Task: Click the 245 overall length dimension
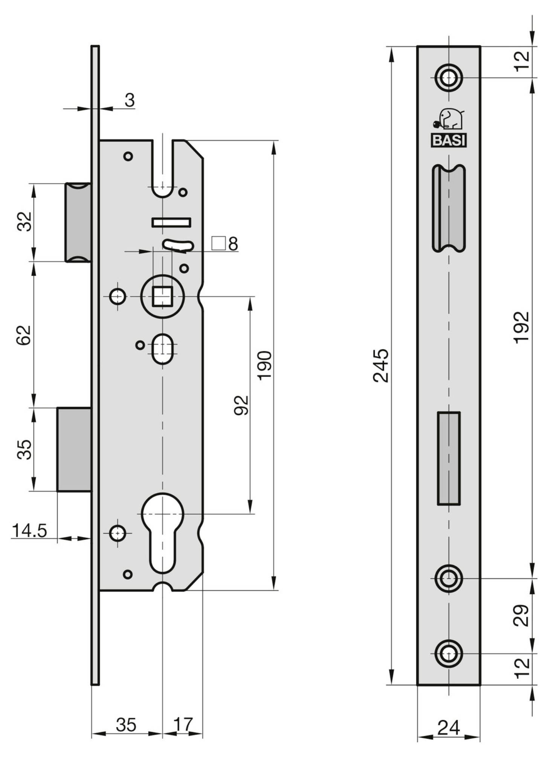(380, 366)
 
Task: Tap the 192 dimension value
(522, 327)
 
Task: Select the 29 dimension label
(522, 615)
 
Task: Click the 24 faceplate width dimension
(449, 727)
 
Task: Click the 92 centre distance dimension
(241, 405)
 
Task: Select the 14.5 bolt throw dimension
(29, 531)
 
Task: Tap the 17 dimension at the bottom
(183, 724)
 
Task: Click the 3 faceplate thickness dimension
(129, 100)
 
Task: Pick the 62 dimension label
(24, 335)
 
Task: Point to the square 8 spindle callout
(225, 244)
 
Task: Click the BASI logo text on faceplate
(449, 141)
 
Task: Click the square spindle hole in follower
(162, 297)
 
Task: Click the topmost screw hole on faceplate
(448, 78)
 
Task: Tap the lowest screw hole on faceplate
(448, 654)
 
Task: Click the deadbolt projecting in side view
(74, 449)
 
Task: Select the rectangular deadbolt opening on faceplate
(449, 458)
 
